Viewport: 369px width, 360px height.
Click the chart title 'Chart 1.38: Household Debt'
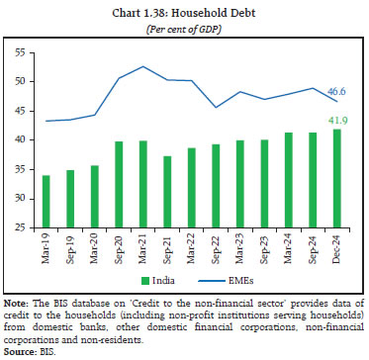183,11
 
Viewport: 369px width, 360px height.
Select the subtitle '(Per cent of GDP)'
183,26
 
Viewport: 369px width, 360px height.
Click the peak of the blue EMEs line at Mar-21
143,66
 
